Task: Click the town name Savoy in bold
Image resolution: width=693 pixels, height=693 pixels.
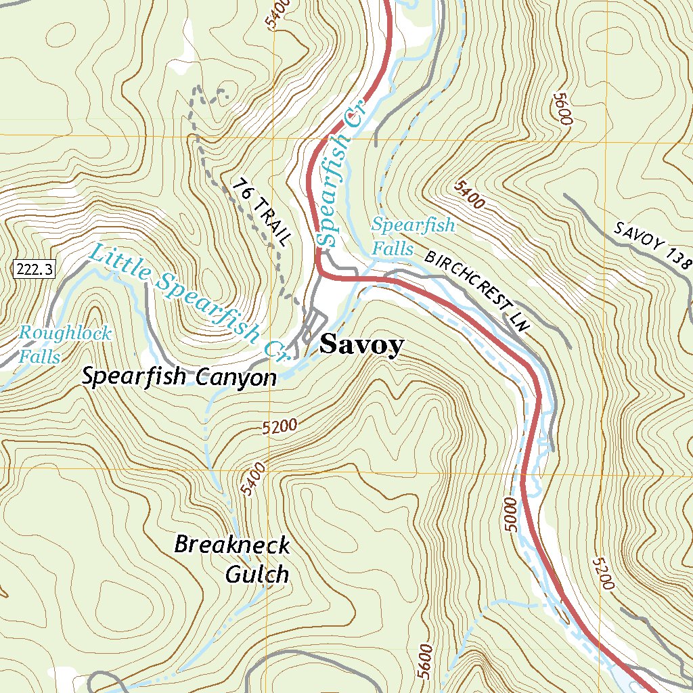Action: (361, 345)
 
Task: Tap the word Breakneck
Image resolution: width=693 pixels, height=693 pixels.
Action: (232, 544)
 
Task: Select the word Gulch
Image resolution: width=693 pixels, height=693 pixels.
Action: (256, 575)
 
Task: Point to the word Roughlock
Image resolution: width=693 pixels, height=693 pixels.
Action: (65, 333)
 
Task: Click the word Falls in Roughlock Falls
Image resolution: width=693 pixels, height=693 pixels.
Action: (40, 356)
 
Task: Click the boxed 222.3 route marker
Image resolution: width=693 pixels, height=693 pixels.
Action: (32, 269)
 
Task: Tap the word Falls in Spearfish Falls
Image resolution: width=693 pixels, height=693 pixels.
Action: (393, 250)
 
